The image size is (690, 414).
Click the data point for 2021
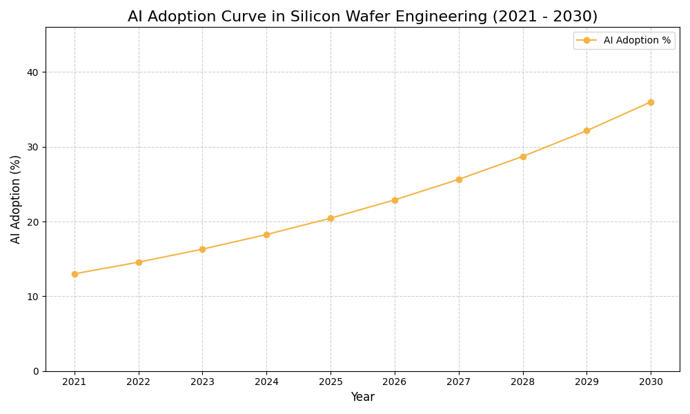75,274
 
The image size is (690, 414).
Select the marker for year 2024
266,235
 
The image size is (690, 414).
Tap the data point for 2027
459,179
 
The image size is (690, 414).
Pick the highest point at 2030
651,102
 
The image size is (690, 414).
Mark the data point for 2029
586,130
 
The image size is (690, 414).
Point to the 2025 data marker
331,218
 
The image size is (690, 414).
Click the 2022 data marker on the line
139,262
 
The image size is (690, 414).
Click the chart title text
362,17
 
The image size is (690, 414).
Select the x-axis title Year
362,397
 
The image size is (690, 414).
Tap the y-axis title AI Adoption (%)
16,199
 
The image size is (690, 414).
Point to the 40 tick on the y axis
33,72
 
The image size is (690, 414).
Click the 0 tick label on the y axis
36,371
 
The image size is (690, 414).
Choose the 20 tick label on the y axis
33,222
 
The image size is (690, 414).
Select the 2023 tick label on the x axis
202,382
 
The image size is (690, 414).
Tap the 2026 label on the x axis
395,382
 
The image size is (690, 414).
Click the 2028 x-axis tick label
522,382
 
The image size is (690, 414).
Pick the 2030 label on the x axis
651,382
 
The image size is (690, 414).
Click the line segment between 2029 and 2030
619,117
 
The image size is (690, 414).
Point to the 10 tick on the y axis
33,297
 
